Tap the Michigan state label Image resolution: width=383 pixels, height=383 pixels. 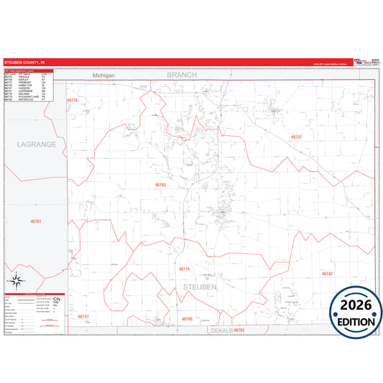[x=104, y=75]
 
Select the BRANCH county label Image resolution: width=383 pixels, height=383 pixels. [x=181, y=74]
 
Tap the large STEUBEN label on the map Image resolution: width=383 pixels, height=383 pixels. [x=200, y=287]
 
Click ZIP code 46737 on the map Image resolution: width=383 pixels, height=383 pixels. [x=296, y=137]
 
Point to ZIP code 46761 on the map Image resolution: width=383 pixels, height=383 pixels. [x=37, y=221]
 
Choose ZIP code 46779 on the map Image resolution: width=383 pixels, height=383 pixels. [x=184, y=269]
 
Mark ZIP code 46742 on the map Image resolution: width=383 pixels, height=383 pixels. [x=327, y=274]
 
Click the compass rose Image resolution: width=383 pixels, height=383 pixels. [x=17, y=281]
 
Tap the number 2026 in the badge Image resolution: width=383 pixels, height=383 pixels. [x=356, y=305]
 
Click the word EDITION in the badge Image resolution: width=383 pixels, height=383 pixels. [x=356, y=322]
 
